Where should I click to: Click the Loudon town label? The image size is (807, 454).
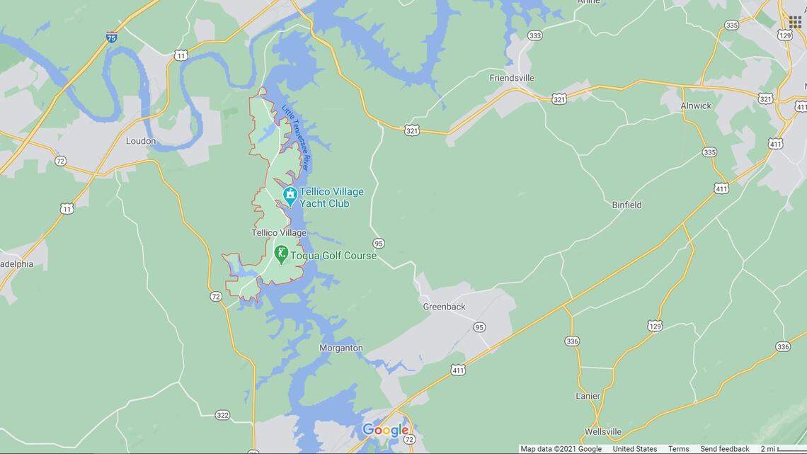[140, 141]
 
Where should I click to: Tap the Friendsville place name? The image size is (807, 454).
[512, 78]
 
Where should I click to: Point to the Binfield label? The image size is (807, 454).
[626, 205]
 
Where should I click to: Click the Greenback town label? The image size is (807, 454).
[444, 307]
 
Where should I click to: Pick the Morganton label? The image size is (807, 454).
[341, 348]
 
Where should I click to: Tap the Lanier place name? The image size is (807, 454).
[588, 396]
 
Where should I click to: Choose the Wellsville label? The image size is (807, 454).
[603, 431]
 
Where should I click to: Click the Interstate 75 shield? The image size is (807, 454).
[112, 38]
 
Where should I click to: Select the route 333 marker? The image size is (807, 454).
[534, 35]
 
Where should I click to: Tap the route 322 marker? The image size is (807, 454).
[222, 415]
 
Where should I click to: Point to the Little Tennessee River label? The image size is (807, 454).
[296, 138]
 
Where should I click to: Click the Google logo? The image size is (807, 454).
[386, 430]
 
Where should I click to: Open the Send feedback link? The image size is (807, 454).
[724, 449]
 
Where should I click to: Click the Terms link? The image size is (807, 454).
[678, 449]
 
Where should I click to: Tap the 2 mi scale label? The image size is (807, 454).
[767, 449]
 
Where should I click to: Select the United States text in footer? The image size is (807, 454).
[634, 449]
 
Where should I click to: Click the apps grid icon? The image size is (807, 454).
[794, 22]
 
